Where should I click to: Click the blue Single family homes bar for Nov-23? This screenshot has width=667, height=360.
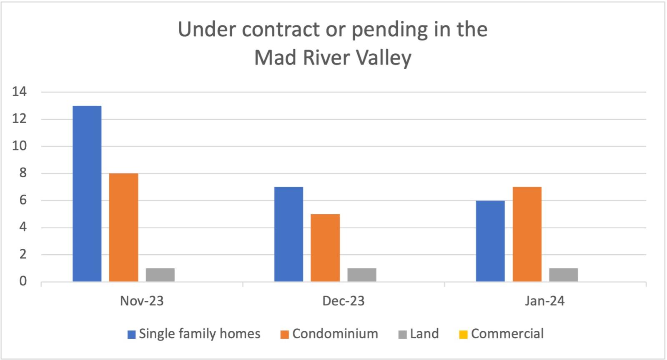(87, 194)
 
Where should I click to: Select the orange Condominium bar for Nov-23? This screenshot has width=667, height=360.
(123, 227)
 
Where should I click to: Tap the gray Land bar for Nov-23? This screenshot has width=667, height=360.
(160, 275)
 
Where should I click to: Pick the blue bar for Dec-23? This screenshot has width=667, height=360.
(288, 234)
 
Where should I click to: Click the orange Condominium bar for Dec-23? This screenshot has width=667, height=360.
(325, 248)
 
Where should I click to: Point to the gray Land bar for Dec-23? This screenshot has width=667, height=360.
(362, 275)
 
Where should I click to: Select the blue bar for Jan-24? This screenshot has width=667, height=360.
(490, 241)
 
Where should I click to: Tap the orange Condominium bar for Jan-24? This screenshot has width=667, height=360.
(527, 234)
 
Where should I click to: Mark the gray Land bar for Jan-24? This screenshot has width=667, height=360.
(564, 275)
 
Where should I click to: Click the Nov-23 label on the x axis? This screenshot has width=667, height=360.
(142, 301)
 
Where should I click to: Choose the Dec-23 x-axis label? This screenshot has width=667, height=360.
(344, 301)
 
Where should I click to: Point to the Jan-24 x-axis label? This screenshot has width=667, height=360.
(545, 301)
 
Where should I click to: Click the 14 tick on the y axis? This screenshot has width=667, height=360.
(20, 92)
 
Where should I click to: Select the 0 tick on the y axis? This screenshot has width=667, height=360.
(23, 282)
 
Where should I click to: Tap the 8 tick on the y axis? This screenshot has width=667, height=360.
(23, 173)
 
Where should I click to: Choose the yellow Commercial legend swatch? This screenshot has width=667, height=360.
(463, 335)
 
